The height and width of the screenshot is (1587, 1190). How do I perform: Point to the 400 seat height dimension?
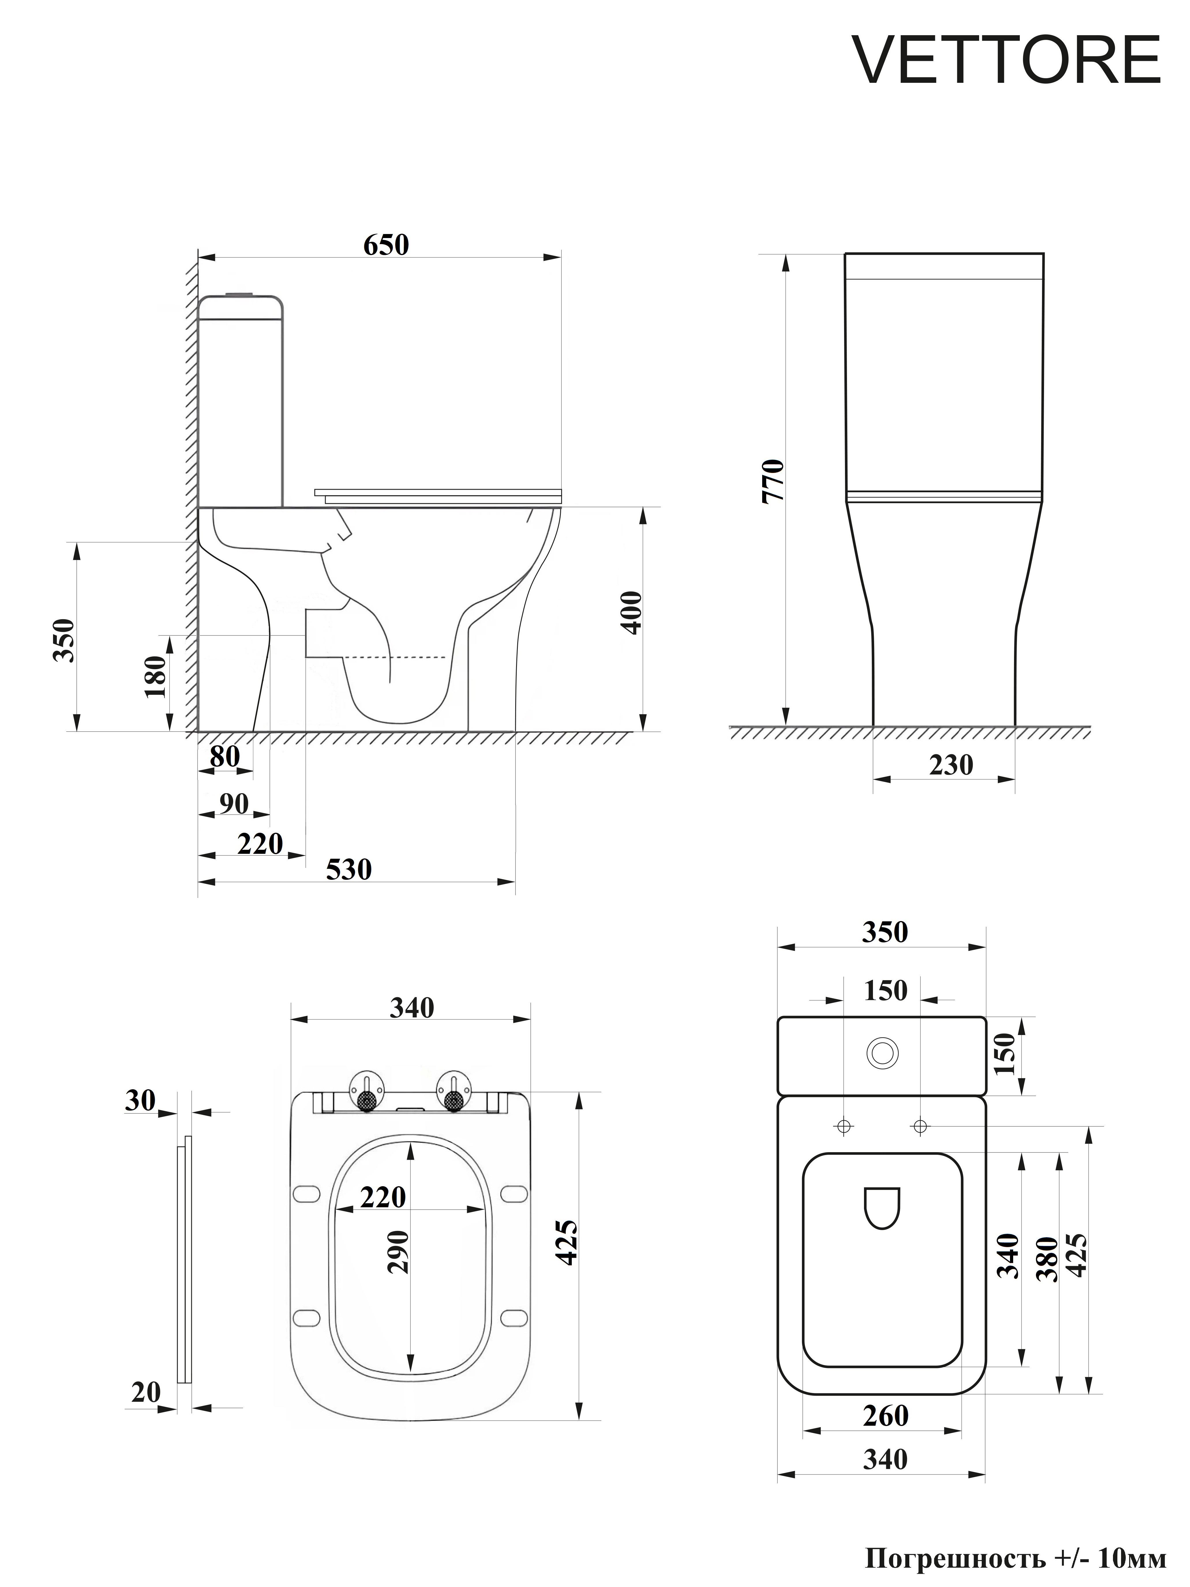631,612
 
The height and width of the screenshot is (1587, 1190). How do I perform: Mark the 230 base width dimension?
951,765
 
